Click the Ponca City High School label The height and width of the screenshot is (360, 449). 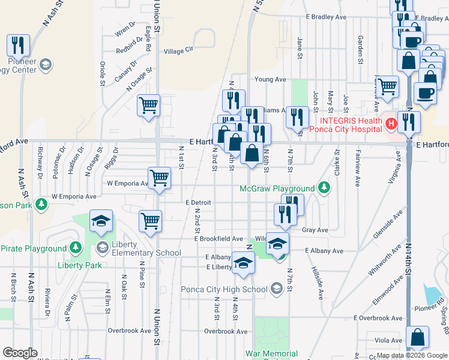pyautogui.click(x=224, y=290)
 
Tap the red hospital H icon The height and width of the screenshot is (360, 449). pyautogui.click(x=391, y=124)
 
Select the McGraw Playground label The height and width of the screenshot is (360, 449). pyautogui.click(x=277, y=188)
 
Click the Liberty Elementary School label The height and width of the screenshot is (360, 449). pyautogui.click(x=143, y=253)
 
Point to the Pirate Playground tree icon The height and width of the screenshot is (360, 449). pyautogui.click(x=75, y=247)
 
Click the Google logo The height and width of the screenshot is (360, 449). pyautogui.click(x=20, y=353)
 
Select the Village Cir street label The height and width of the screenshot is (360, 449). pyautogui.click(x=179, y=51)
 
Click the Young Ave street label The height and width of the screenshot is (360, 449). pyautogui.click(x=270, y=79)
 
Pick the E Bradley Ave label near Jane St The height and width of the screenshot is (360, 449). pyautogui.click(x=327, y=17)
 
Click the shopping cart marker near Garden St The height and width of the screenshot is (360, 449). pyautogui.click(x=387, y=86)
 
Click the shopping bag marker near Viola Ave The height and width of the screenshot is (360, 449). pyautogui.click(x=418, y=337)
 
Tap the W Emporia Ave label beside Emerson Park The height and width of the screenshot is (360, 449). pyautogui.click(x=74, y=196)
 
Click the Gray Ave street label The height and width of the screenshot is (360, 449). pyautogui.click(x=315, y=230)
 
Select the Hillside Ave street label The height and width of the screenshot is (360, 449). pyautogui.click(x=317, y=277)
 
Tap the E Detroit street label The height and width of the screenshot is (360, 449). pyautogui.click(x=198, y=203)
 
